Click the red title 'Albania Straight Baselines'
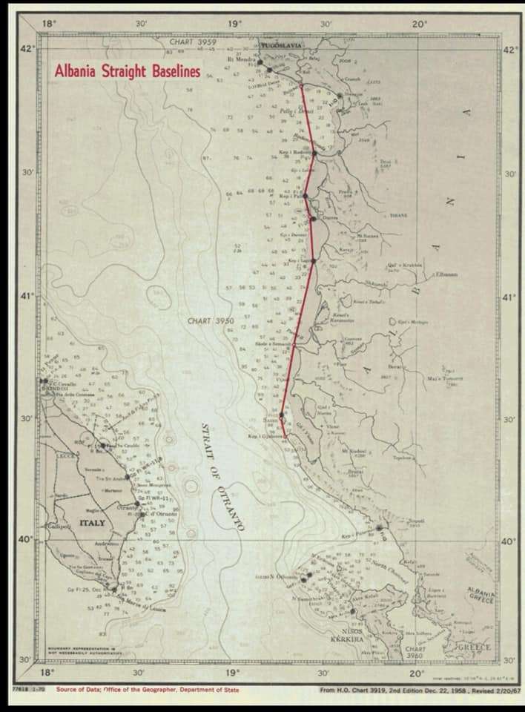pyautogui.click(x=127, y=72)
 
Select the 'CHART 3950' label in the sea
pyautogui.click(x=211, y=321)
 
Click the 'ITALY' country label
pyautogui.click(x=92, y=523)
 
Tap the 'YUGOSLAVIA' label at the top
pyautogui.click(x=283, y=46)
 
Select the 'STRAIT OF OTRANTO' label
pyautogui.click(x=222, y=475)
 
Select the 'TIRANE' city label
pyautogui.click(x=399, y=215)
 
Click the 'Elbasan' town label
pyautogui.click(x=446, y=274)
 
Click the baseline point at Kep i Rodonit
pyautogui.click(x=314, y=154)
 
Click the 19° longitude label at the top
pyautogui.click(x=234, y=24)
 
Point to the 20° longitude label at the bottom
pyautogui.click(x=417, y=673)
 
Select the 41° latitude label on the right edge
pyautogui.click(x=508, y=297)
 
